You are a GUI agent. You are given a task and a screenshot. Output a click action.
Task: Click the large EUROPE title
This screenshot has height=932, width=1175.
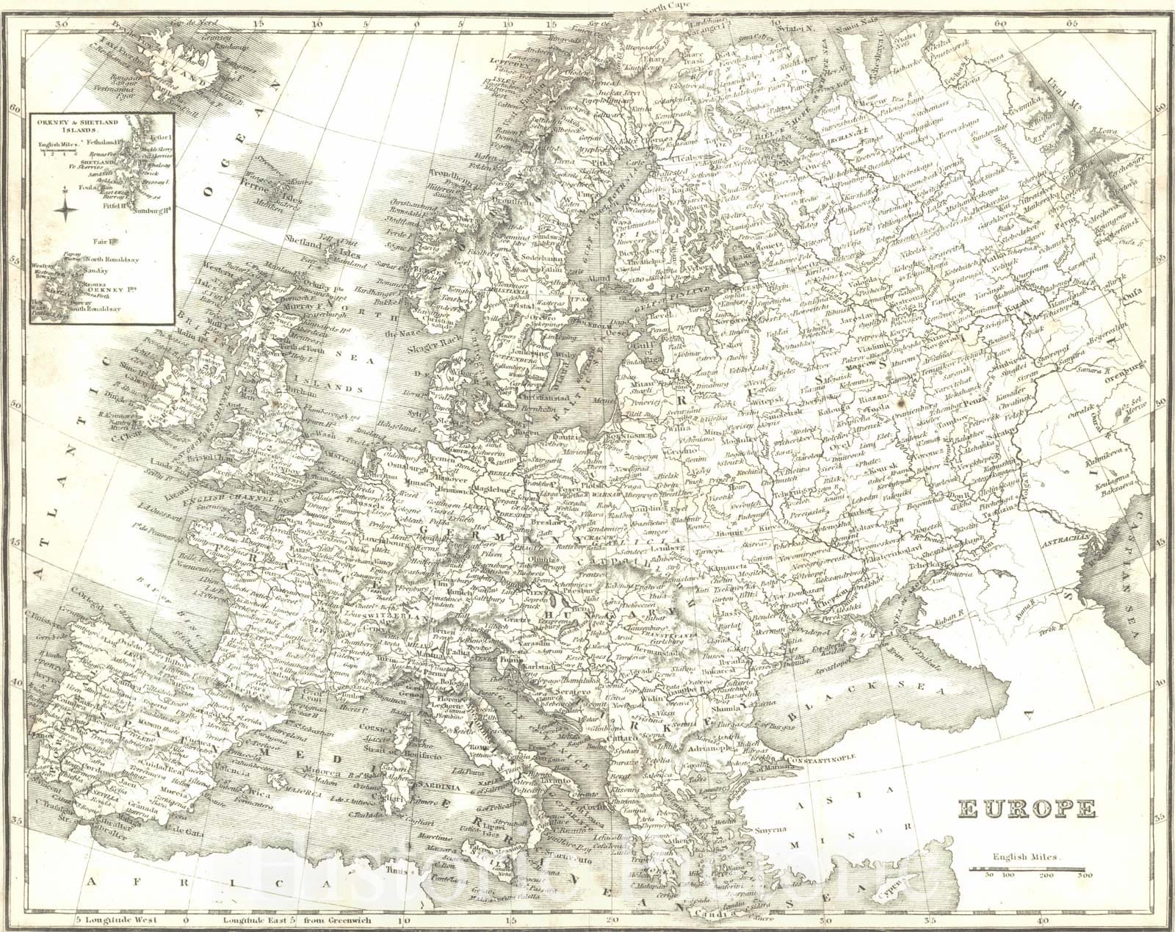[1027, 809]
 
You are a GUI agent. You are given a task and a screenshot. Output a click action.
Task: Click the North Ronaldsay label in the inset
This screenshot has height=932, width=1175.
[112, 259]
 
